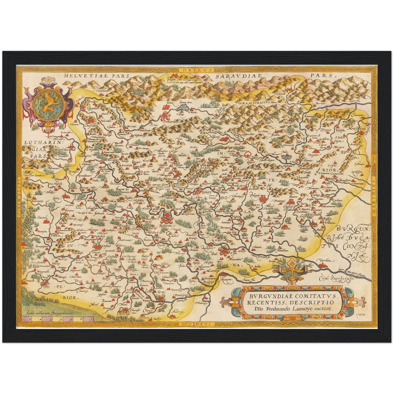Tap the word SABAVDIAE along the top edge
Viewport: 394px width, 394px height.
[239, 76]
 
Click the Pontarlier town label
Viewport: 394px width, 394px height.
[170, 122]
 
